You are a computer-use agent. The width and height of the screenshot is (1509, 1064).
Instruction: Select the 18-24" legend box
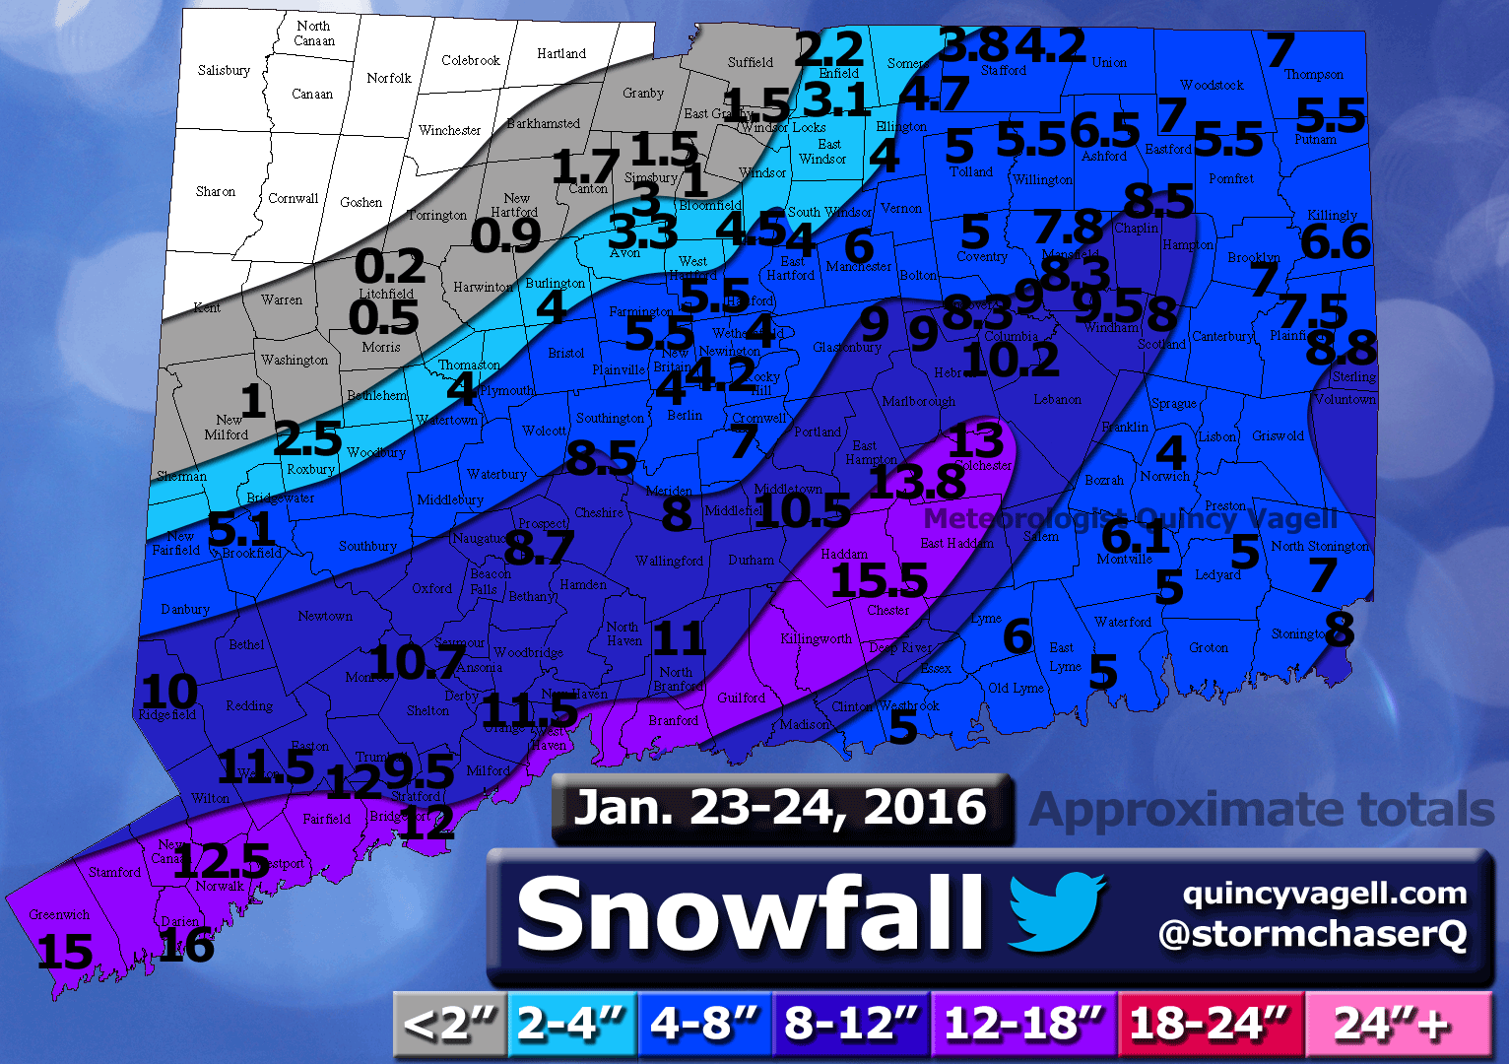click(x=1209, y=1025)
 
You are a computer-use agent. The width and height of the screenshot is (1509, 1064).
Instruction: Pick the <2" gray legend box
click(x=449, y=1025)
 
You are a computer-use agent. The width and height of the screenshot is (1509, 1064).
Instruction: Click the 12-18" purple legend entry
click(x=1022, y=1025)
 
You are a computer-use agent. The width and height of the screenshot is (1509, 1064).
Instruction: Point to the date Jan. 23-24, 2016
click(x=780, y=808)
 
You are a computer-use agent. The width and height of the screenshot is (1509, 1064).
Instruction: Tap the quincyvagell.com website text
click(x=1325, y=894)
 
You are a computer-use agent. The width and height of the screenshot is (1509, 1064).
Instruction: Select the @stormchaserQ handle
click(x=1312, y=934)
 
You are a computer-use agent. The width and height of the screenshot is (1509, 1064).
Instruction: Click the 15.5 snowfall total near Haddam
click(x=879, y=580)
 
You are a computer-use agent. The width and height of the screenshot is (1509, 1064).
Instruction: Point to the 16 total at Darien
click(x=186, y=946)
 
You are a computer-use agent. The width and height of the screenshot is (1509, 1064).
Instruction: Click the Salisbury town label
click(x=224, y=71)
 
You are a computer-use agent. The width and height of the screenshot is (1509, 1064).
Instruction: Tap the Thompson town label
click(x=1313, y=75)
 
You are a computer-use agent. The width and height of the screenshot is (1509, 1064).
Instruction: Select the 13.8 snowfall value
click(x=917, y=483)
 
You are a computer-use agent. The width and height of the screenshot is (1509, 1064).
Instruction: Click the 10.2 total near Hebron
click(x=1012, y=360)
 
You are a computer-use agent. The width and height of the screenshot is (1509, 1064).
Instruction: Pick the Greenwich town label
click(x=59, y=915)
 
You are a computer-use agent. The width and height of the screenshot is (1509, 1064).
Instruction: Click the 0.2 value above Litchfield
click(x=389, y=267)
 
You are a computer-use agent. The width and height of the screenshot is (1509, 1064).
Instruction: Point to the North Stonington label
click(x=1319, y=547)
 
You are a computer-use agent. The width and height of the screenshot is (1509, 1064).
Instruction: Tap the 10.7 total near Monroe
click(x=417, y=662)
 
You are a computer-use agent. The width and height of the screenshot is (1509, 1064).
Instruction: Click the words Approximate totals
click(x=1262, y=810)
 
